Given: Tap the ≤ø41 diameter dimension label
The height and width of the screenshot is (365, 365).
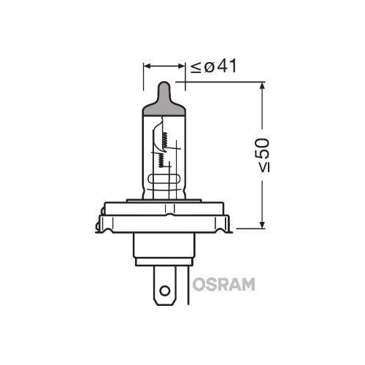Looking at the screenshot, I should (x=214, y=67).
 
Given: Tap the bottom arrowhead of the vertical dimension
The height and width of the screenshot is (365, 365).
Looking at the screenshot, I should (x=261, y=222).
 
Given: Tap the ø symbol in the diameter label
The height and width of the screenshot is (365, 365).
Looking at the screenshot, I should (x=210, y=67).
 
